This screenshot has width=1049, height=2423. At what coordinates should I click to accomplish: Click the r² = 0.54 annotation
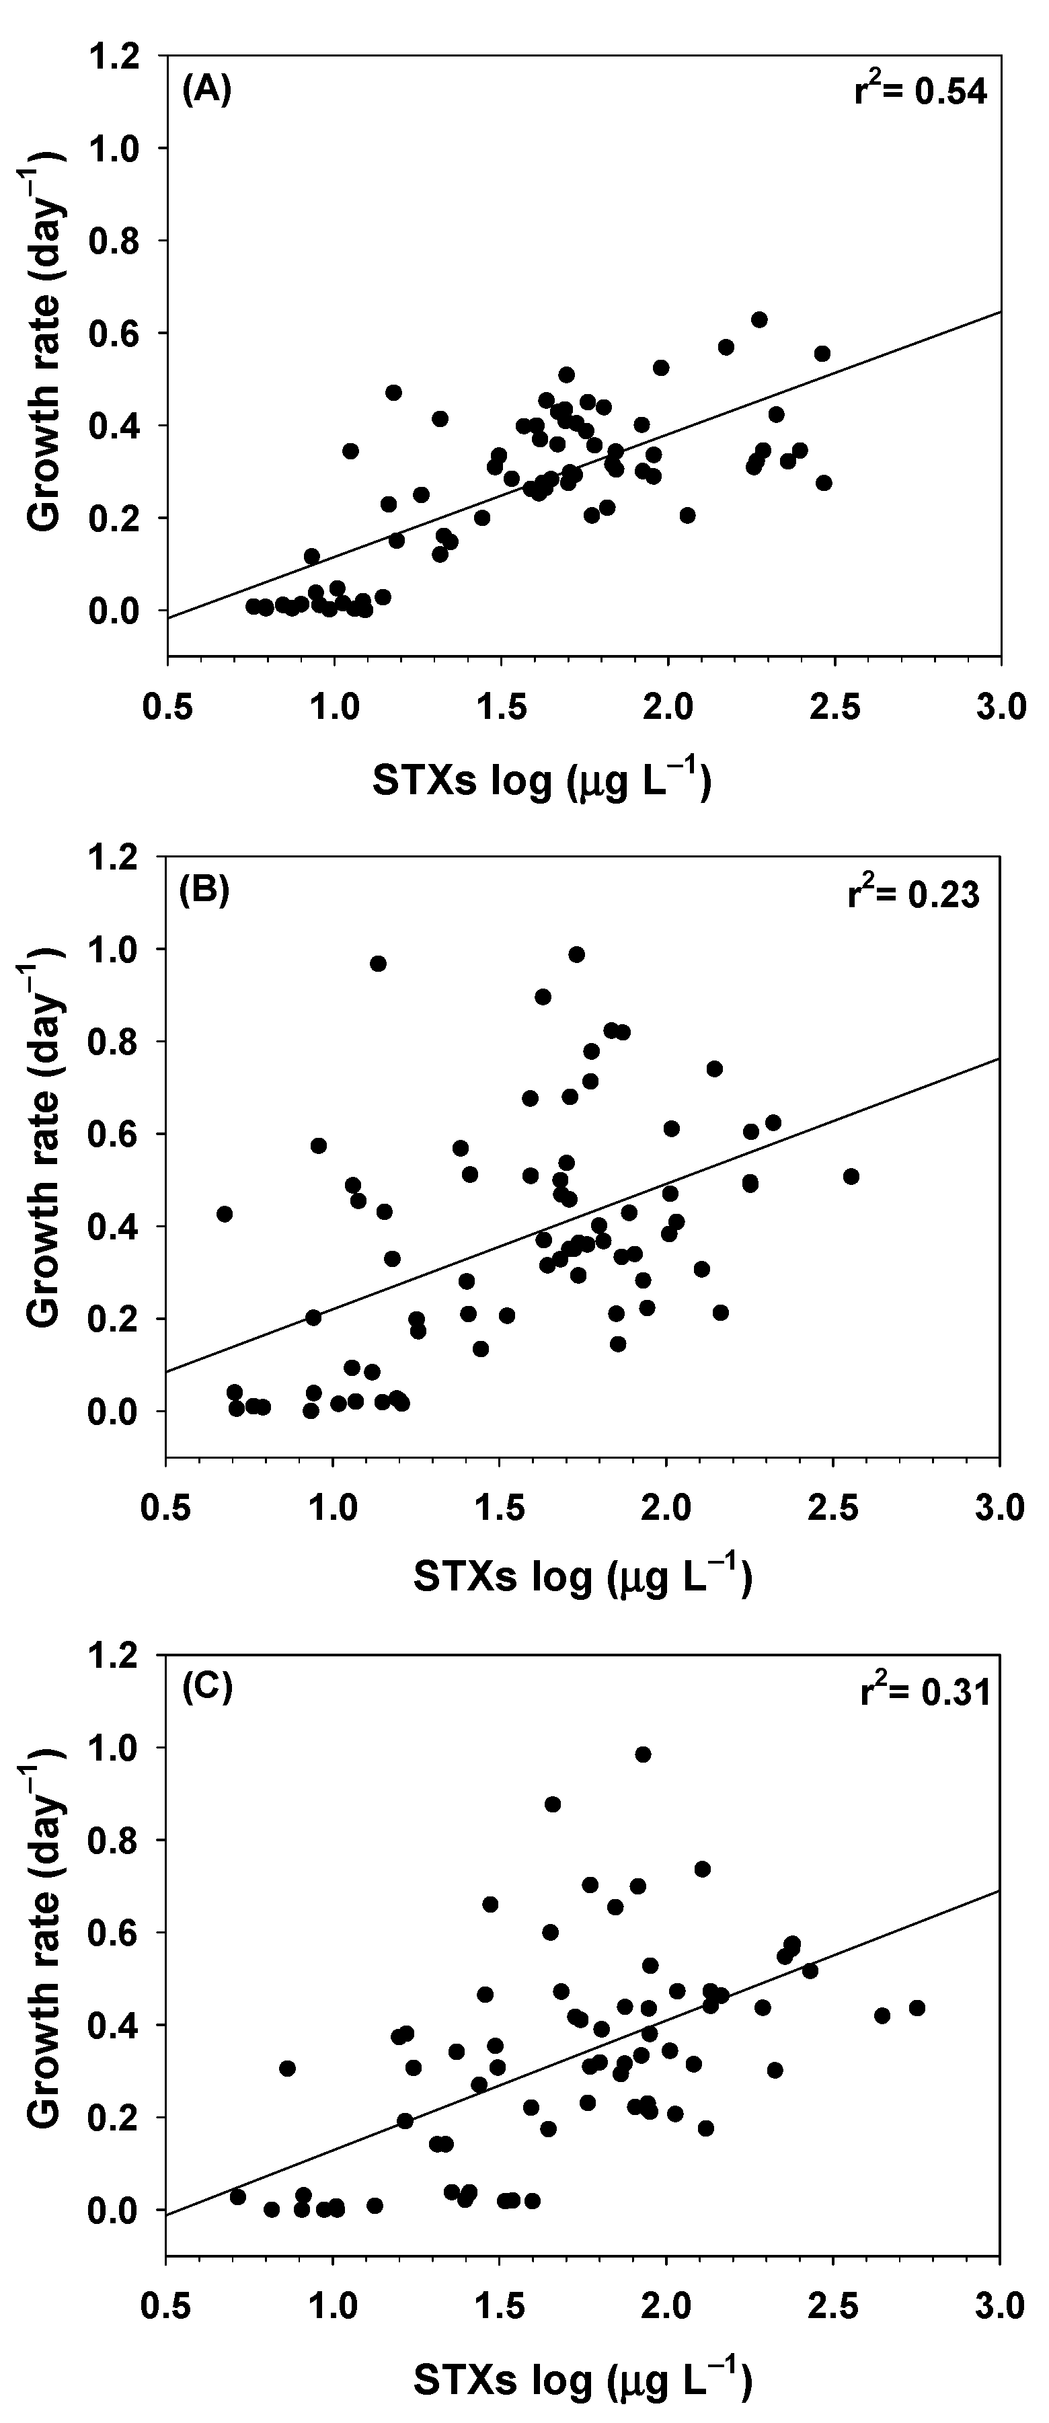point(920,92)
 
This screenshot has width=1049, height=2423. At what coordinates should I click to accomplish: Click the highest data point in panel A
point(759,320)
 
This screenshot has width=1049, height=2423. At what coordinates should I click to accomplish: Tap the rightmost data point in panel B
point(851,1177)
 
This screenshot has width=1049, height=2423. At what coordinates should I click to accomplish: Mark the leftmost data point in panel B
point(224,1215)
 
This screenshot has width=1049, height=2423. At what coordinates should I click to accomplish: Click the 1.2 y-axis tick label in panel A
point(120,56)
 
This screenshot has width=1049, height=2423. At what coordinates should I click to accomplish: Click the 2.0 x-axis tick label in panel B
point(666,1508)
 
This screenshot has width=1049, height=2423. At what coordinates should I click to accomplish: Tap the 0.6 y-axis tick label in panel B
point(120,1134)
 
